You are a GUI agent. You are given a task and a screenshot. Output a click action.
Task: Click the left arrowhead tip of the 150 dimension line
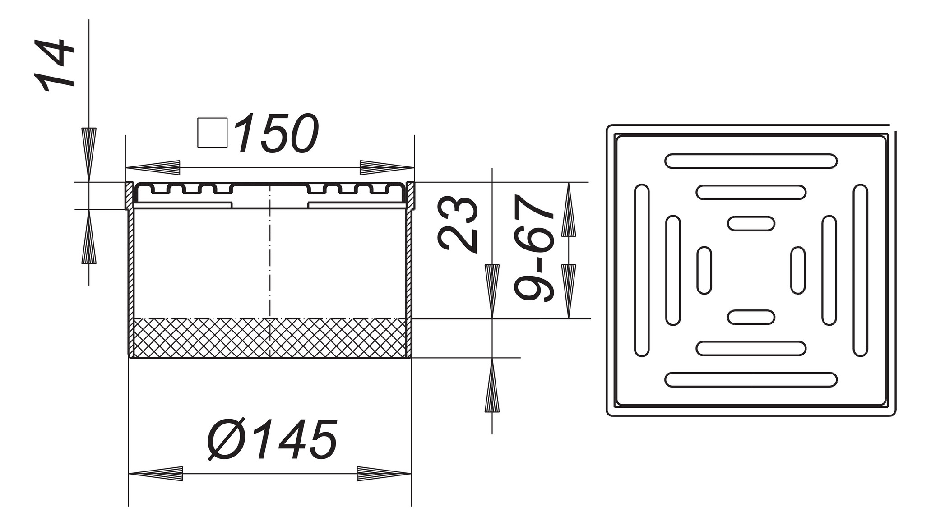(125, 168)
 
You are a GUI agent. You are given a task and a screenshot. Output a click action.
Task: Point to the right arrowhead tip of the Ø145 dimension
(411, 474)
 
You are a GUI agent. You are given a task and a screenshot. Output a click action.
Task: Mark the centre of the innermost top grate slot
(751, 224)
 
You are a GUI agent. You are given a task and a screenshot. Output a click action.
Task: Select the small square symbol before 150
(212, 133)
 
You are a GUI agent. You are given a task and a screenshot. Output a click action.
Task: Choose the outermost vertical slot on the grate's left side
(642, 271)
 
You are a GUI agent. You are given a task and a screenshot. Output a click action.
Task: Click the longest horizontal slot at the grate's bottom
(751, 380)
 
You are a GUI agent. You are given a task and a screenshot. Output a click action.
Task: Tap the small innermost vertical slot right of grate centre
(798, 271)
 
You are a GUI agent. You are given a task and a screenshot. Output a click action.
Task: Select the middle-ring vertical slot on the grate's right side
(829, 271)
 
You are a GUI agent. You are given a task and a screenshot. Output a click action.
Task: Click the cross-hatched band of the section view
(270, 338)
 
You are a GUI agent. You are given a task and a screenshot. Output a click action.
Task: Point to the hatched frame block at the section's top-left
(129, 195)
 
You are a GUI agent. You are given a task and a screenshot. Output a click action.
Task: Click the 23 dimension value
(458, 224)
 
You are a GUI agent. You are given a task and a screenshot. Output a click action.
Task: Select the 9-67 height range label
(534, 248)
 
